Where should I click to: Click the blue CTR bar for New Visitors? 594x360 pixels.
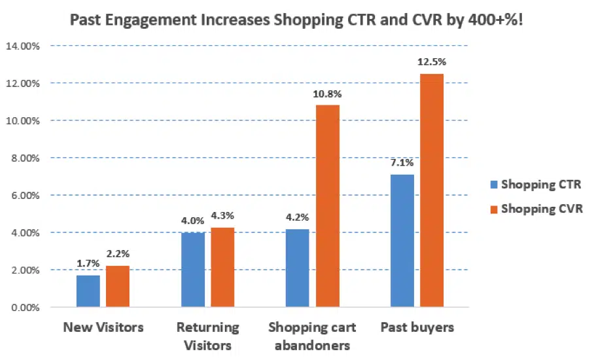pyautogui.click(x=88, y=291)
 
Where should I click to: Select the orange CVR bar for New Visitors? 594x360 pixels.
pyautogui.click(x=118, y=287)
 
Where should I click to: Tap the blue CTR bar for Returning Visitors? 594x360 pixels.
pyautogui.click(x=192, y=270)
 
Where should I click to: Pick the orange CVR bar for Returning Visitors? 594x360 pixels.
pyautogui.click(x=222, y=267)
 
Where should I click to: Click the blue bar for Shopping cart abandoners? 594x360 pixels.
pyautogui.click(x=298, y=268)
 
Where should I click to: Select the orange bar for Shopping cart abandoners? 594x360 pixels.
pyautogui.click(x=328, y=206)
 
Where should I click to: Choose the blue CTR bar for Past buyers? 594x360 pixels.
pyautogui.click(x=402, y=241)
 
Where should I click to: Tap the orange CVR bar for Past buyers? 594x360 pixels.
pyautogui.click(x=432, y=190)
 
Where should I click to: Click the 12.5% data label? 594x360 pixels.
pyautogui.click(x=432, y=62)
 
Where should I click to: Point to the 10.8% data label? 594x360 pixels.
pyautogui.click(x=328, y=94)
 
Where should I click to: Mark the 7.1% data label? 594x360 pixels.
pyautogui.click(x=402, y=163)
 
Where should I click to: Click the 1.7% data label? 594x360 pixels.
pyautogui.click(x=87, y=264)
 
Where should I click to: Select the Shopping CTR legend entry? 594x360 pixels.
pyautogui.click(x=535, y=184)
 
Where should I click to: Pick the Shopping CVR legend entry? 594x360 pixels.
pyautogui.click(x=535, y=208)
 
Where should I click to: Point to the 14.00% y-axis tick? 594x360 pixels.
pyautogui.click(x=22, y=46)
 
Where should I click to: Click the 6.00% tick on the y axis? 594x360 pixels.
pyautogui.click(x=24, y=195)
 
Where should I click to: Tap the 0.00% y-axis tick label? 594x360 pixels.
pyautogui.click(x=24, y=307)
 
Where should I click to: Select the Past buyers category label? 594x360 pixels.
pyautogui.click(x=417, y=327)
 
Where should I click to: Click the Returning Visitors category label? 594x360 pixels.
pyautogui.click(x=207, y=336)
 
